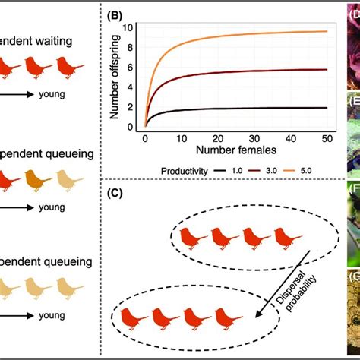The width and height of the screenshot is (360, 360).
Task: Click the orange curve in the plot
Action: [x=228, y=34]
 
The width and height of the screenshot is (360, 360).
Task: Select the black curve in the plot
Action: [x=228, y=108]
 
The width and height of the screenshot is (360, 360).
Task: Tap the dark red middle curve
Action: [x=228, y=71]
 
